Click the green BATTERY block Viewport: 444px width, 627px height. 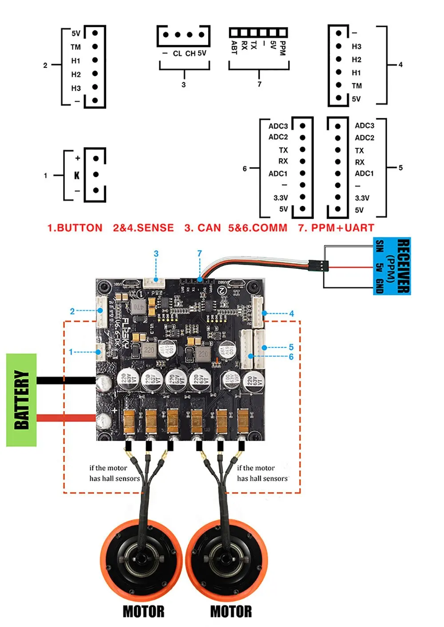(21, 400)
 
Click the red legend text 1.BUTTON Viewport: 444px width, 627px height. (75, 228)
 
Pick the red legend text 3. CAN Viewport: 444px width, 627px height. (202, 228)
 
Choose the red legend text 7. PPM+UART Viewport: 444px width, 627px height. (336, 228)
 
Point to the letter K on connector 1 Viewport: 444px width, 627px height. (77, 175)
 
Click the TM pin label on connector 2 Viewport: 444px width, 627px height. (75, 47)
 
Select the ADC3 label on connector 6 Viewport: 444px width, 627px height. (278, 126)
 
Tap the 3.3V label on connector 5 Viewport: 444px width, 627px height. (362, 198)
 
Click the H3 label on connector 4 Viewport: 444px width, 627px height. (357, 47)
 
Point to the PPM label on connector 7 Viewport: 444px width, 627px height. (282, 48)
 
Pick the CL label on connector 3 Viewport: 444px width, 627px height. (177, 54)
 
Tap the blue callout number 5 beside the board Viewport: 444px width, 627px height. (291, 347)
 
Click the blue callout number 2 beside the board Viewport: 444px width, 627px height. (72, 312)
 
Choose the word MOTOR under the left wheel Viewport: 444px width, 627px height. (143, 611)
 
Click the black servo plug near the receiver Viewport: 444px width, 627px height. (318, 266)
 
